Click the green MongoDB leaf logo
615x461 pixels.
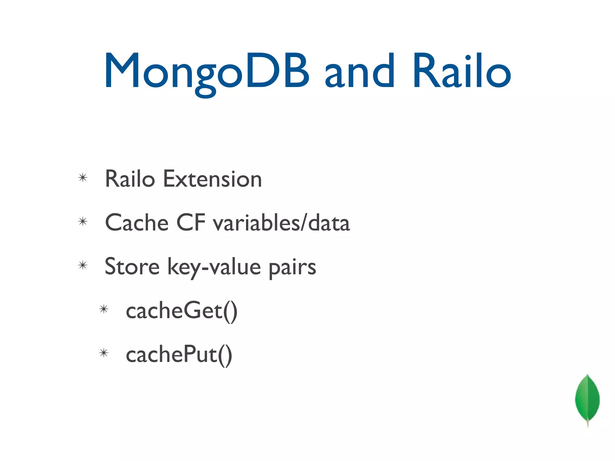click(587, 398)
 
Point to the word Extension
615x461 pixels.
click(212, 179)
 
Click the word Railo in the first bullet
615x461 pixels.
click(130, 179)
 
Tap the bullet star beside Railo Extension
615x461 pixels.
click(83, 178)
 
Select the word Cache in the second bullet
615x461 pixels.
click(137, 223)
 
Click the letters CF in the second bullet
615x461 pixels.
click(191, 223)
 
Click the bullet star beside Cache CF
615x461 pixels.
click(83, 221)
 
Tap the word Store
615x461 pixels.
click(132, 267)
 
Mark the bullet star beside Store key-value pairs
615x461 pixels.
click(83, 265)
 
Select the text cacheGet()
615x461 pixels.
click(181, 311)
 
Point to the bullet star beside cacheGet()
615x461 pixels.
click(104, 309)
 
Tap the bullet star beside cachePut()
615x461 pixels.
click(104, 353)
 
